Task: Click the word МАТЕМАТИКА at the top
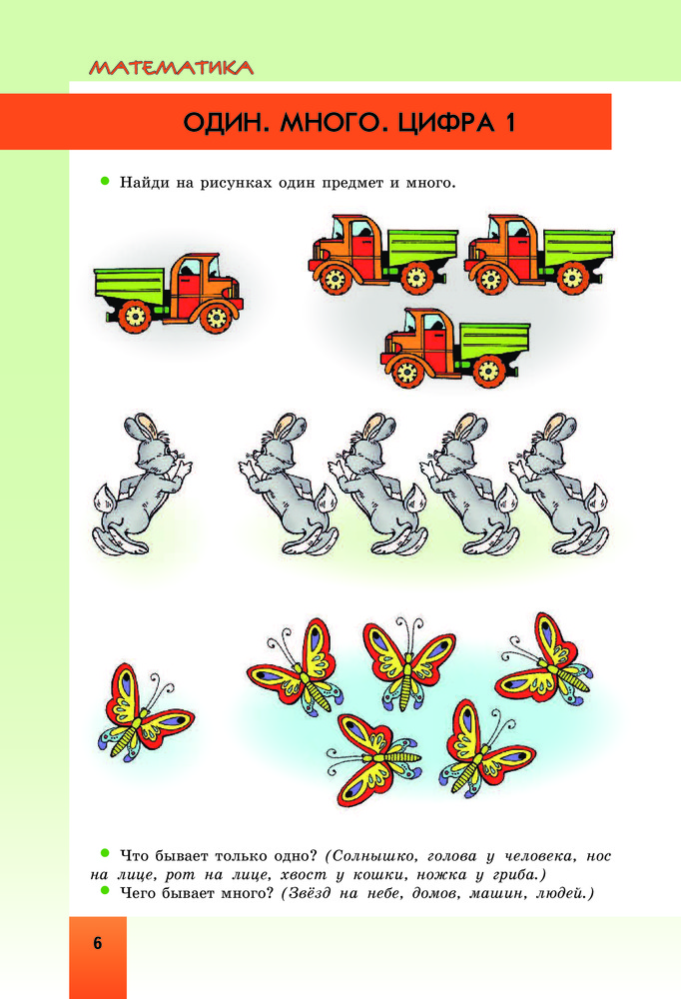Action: (171, 68)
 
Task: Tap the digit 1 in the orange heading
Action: (509, 122)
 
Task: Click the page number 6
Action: (98, 943)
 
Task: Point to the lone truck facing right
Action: (168, 293)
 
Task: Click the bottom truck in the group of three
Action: (455, 348)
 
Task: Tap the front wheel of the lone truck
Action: (216, 317)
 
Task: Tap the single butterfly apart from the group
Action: (146, 711)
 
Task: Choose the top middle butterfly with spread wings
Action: (408, 663)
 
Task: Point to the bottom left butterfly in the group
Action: (373, 759)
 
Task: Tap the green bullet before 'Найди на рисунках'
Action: (105, 181)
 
